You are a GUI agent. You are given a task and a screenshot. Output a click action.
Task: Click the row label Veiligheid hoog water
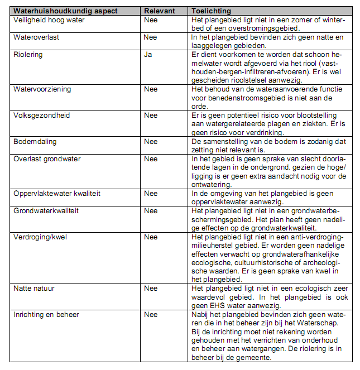pos(49,20)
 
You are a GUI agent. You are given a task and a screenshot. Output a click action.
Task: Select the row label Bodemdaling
pos(35,142)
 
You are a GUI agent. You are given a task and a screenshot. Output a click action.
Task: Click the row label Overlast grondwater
pos(47,159)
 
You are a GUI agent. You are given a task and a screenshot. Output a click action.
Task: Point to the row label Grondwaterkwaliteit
pos(46,211)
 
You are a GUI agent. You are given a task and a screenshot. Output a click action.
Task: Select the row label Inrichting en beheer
pos(46,315)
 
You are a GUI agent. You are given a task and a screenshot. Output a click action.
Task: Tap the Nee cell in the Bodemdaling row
pos(151,142)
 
